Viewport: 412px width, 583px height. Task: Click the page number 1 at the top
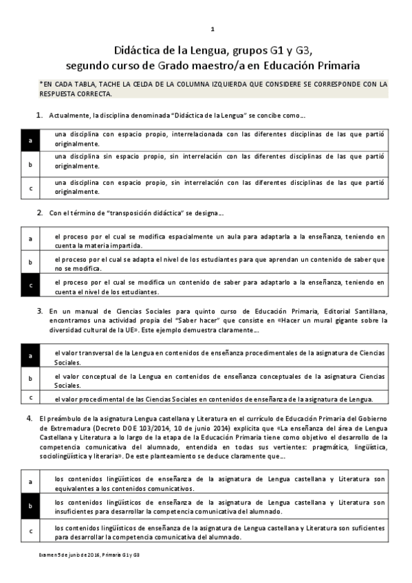coord(213,29)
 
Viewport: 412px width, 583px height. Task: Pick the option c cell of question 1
coord(30,187)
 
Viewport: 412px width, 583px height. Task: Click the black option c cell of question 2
coord(30,284)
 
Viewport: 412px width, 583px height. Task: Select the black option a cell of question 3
coord(30,356)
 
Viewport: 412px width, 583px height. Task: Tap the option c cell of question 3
coord(30,397)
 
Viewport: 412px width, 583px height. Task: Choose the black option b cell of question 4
coord(30,506)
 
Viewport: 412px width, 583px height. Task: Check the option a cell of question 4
coord(30,483)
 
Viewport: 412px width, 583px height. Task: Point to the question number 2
coord(40,213)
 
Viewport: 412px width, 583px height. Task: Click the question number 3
coord(40,311)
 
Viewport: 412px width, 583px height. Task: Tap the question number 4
coord(28,418)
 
